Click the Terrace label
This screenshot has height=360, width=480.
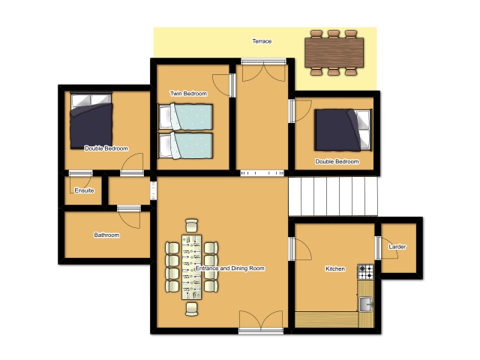click(x=262, y=41)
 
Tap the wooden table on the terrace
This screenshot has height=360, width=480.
click(x=334, y=52)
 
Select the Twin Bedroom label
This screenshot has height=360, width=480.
click(x=188, y=93)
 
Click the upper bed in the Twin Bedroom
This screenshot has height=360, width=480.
click(x=185, y=117)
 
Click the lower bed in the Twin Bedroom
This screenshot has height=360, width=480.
click(x=185, y=145)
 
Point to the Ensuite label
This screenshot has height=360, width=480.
click(x=84, y=190)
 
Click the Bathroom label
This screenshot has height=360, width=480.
click(x=106, y=235)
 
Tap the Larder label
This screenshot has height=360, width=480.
click(x=397, y=247)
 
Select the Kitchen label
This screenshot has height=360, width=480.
click(x=335, y=268)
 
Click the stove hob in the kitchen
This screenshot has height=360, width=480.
click(x=366, y=271)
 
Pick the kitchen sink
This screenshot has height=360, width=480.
click(x=366, y=304)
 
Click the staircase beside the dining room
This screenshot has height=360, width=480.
click(x=333, y=196)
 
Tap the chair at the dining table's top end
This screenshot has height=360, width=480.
click(x=192, y=226)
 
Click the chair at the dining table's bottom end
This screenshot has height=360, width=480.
click(x=192, y=308)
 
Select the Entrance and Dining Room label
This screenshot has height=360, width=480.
click(x=230, y=268)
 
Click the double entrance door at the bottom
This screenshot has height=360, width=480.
click(x=261, y=322)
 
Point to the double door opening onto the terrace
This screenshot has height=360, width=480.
click(x=263, y=70)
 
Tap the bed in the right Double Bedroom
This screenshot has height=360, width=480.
click(x=343, y=130)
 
